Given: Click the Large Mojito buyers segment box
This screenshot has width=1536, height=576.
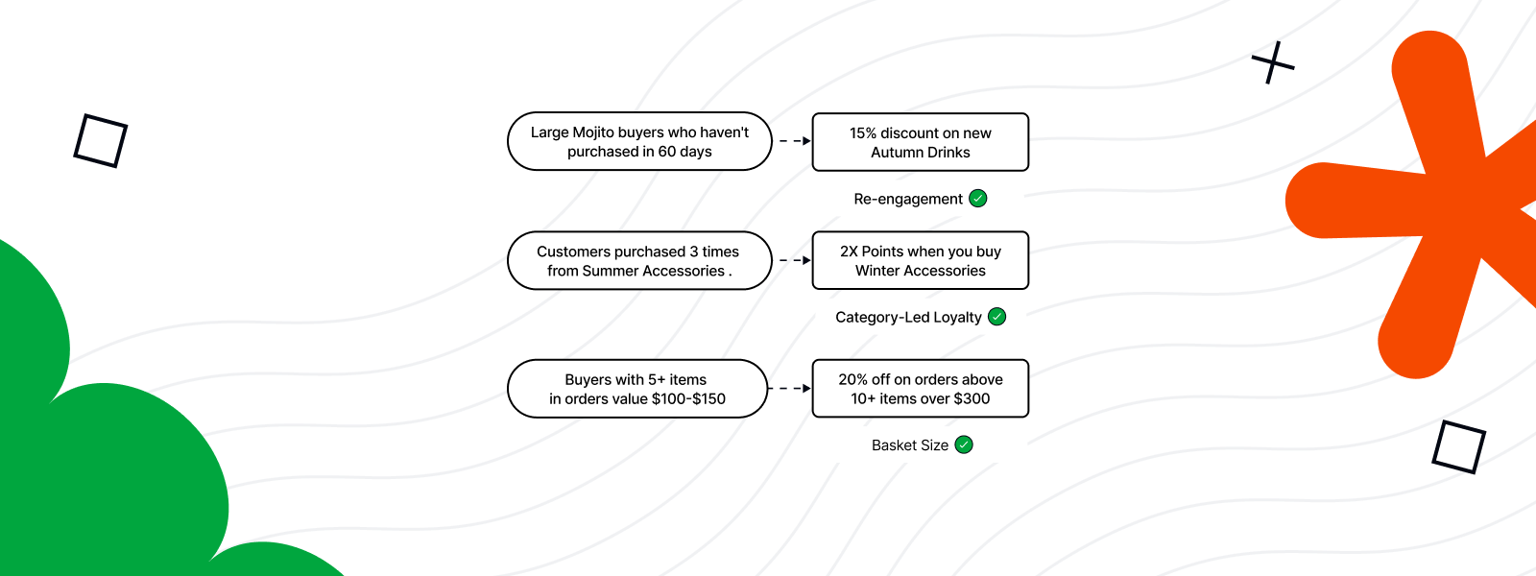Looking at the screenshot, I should click(639, 142).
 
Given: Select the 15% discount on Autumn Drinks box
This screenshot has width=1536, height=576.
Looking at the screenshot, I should click(920, 142).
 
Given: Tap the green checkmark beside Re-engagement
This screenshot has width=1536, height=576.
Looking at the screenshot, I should click(978, 199).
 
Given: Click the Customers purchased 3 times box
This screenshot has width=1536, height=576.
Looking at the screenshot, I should click(638, 261).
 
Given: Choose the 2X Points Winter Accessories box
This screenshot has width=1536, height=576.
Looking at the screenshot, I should click(920, 261).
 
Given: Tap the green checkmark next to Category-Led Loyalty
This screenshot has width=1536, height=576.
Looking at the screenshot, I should click(997, 317).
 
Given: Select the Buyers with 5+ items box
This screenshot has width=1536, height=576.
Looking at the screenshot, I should click(637, 389).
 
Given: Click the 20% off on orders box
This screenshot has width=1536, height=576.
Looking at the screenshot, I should click(920, 389).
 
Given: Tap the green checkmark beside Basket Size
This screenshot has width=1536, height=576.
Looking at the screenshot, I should click(964, 444).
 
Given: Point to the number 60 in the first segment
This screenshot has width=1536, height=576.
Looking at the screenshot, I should click(667, 152).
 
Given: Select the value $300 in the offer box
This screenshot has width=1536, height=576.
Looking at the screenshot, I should click(971, 398).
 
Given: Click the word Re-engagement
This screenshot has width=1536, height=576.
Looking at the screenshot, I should click(907, 199).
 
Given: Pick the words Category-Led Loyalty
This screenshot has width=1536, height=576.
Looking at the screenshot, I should click(908, 317).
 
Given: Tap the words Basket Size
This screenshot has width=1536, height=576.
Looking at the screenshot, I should click(909, 445).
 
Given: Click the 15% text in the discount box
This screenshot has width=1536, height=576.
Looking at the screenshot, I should click(862, 133).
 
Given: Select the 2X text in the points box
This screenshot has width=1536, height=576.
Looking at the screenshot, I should click(849, 252).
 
